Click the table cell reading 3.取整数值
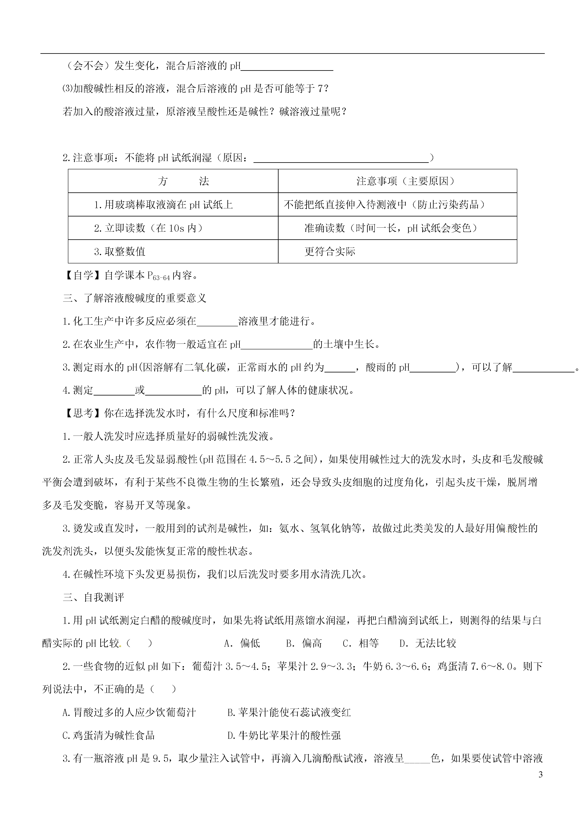coord(120,251)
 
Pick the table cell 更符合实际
coord(330,251)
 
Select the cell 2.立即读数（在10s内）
coord(149,228)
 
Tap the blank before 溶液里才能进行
coord(217,321)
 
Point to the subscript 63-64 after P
coord(161,278)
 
